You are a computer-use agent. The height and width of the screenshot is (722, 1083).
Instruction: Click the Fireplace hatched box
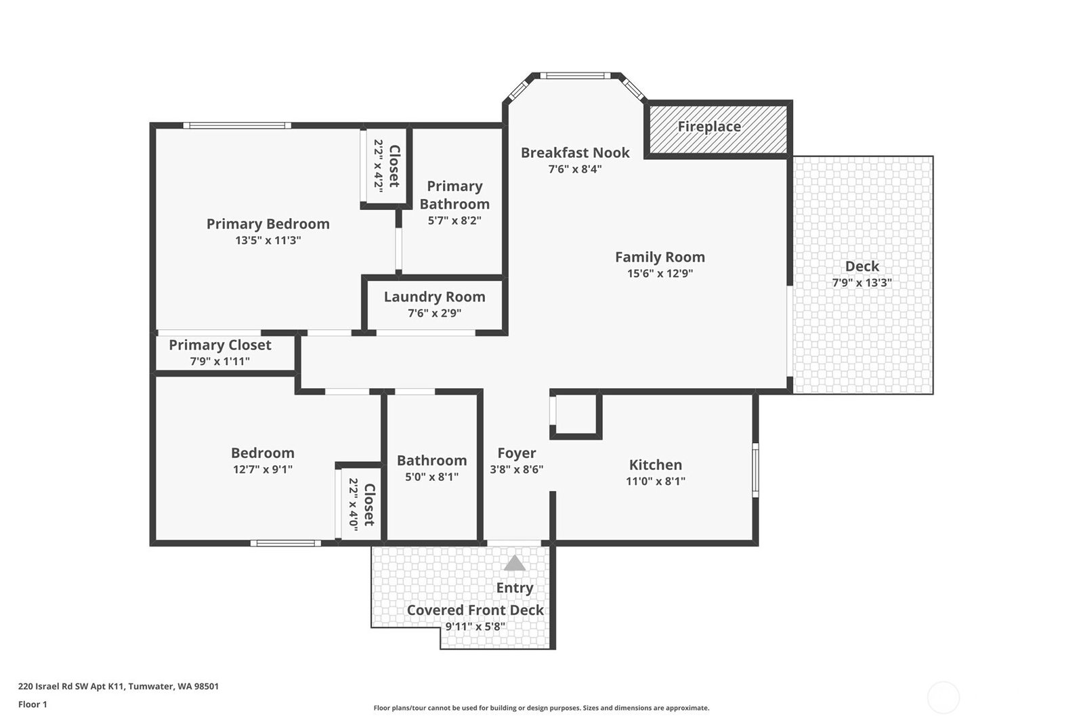718,129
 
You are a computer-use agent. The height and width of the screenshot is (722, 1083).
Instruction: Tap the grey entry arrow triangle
515,563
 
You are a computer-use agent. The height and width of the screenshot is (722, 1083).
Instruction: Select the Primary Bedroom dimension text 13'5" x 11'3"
268,240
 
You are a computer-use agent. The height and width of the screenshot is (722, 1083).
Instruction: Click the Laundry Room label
435,297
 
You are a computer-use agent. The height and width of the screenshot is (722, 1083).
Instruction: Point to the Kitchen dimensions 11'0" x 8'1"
656,481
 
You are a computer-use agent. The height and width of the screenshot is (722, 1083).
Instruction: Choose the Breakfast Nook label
575,153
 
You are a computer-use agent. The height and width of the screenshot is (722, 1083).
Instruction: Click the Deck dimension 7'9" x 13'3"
862,282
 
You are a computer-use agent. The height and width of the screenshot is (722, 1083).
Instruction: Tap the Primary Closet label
220,345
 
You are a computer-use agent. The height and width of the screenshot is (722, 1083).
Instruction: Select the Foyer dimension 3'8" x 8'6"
516,469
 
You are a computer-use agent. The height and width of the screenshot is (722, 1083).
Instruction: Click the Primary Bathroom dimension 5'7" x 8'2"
454,221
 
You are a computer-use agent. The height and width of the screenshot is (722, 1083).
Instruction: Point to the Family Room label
660,257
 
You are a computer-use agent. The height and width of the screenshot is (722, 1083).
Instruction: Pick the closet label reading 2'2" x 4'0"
353,505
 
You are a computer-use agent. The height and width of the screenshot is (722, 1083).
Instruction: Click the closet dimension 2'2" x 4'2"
378,167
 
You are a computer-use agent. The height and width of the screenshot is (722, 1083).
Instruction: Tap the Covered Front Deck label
475,610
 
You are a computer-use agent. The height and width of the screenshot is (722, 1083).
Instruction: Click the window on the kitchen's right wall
755,469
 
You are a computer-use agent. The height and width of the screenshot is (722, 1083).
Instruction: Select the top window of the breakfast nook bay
575,75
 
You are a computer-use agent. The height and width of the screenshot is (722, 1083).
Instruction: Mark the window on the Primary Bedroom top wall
237,126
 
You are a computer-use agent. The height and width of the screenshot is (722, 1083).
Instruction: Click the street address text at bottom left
119,686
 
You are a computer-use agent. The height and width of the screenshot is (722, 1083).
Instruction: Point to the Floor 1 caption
33,704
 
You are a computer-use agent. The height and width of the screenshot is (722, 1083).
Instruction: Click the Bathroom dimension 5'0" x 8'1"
431,477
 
